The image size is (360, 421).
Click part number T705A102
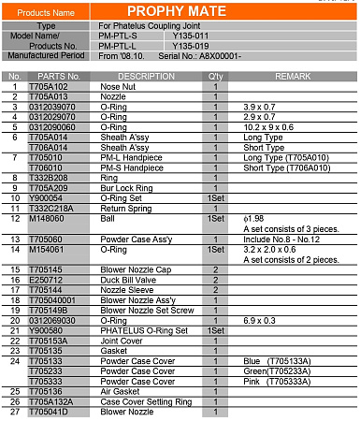[48, 85]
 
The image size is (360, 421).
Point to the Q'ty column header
[216, 75]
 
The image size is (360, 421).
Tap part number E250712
[47, 279]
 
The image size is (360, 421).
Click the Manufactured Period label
[45, 56]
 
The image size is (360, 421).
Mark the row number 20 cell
[15, 320]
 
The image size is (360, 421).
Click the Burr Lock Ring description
[123, 187]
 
